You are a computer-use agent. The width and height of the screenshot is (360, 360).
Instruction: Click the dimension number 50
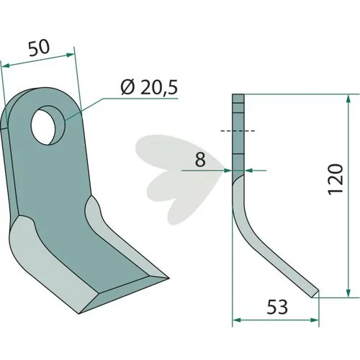pos(39,48)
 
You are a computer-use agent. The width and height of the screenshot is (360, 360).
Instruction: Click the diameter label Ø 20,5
pos(149,87)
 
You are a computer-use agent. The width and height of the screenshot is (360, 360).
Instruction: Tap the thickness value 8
pos(200,159)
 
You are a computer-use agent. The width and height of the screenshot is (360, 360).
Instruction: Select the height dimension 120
pos(336,179)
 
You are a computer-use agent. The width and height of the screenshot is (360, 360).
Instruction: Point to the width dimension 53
pos(277,307)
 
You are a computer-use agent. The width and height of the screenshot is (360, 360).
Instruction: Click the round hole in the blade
pos(48,125)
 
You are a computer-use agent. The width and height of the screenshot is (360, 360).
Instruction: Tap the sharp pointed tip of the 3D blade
pos(168,279)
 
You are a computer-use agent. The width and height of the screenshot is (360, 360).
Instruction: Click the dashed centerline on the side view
pos(238,131)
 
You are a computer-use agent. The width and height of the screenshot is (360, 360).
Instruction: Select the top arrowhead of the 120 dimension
pos(348,99)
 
